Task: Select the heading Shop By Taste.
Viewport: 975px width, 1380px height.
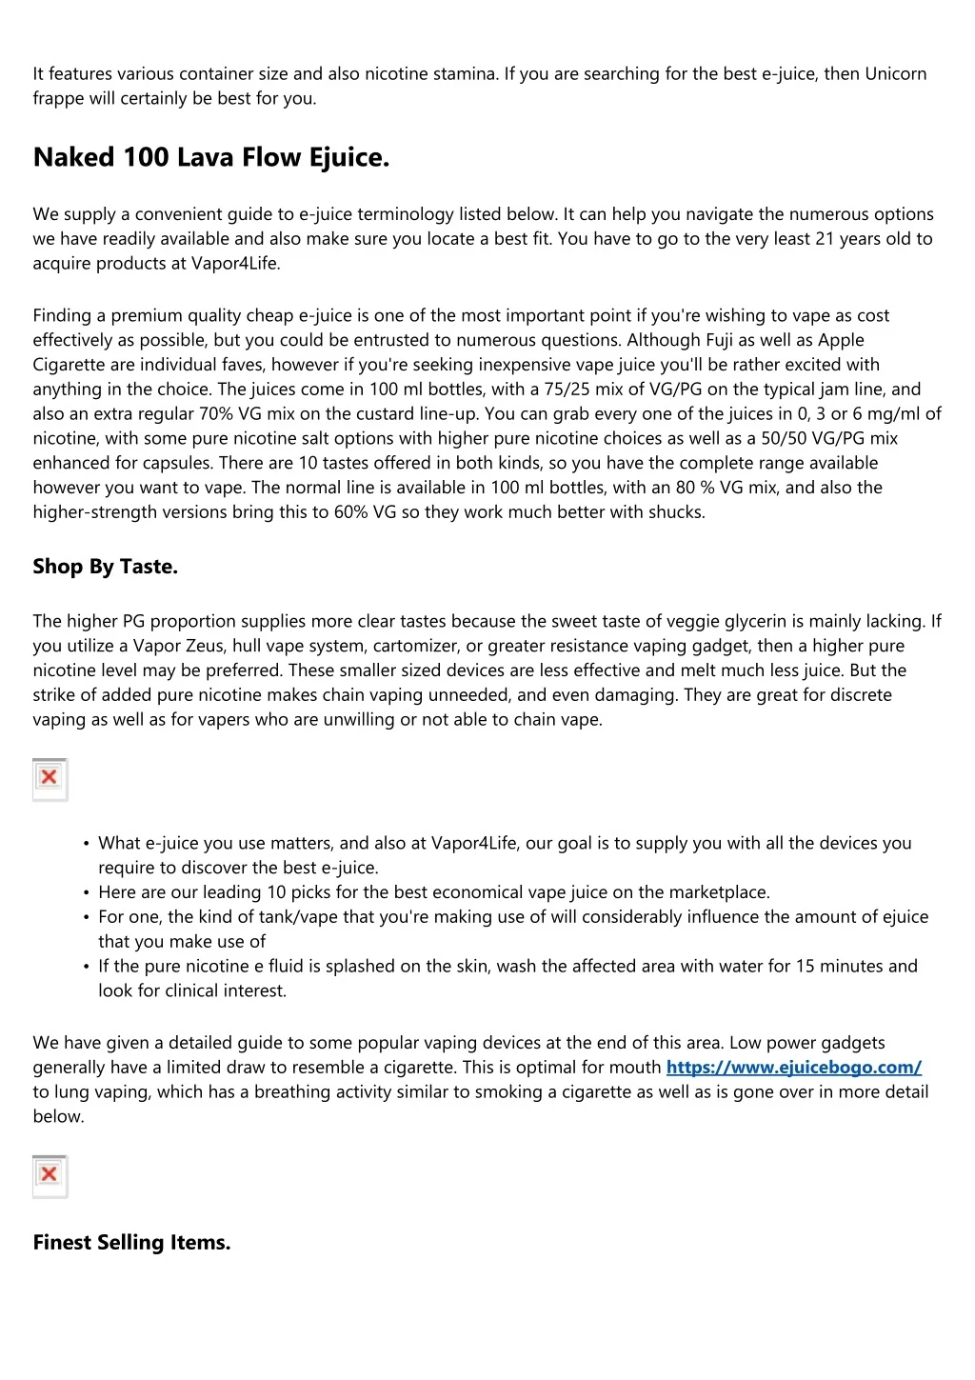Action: (x=105, y=567)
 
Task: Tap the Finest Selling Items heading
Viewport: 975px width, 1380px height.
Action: (x=131, y=1242)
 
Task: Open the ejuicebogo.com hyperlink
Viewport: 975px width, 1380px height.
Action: (x=793, y=1068)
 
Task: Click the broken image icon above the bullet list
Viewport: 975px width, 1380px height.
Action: (x=50, y=778)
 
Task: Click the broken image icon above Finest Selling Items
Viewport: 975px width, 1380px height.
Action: (x=50, y=1175)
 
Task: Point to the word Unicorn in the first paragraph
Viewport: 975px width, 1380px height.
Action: (x=895, y=74)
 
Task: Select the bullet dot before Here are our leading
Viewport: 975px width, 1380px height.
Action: (x=87, y=893)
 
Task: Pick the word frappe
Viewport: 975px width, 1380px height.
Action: (x=59, y=99)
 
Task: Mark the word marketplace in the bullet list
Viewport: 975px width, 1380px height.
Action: (x=718, y=892)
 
